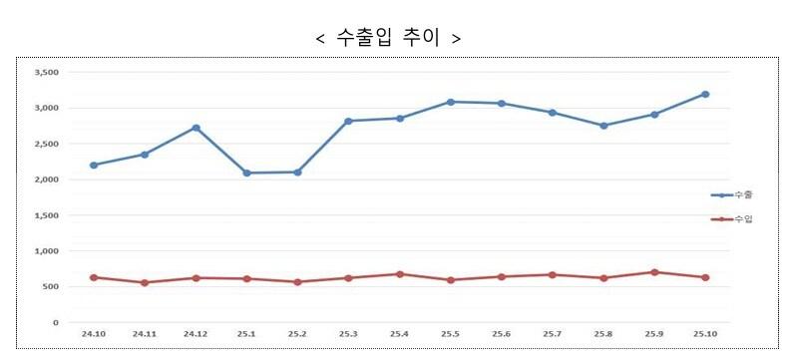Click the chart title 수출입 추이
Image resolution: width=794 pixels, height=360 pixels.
point(387,39)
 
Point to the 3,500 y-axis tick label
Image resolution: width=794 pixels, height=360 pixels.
point(47,73)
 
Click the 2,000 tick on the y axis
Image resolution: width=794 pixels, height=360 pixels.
point(47,180)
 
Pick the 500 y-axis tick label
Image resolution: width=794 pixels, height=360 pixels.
point(51,287)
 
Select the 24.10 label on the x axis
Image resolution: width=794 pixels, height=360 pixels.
point(93,333)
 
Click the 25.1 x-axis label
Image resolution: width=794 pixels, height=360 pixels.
point(246,333)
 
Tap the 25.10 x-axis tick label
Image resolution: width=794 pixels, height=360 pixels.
point(705,333)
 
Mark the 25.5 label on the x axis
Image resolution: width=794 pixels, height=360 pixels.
point(450,333)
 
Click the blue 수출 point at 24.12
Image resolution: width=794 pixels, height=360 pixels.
point(196,128)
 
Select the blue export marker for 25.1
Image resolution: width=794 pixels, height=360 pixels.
point(246,174)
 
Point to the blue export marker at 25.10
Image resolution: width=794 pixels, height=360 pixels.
point(705,95)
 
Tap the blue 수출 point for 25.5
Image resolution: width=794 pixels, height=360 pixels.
point(450,102)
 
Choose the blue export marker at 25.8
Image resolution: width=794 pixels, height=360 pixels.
point(603,126)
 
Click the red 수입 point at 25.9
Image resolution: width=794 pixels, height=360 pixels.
point(654,272)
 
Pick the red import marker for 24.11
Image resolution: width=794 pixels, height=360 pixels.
point(145,282)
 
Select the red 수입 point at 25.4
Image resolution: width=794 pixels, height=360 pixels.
point(399,274)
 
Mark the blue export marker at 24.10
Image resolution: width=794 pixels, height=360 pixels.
point(93,165)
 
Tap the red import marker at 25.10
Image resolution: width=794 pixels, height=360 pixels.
point(705,277)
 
